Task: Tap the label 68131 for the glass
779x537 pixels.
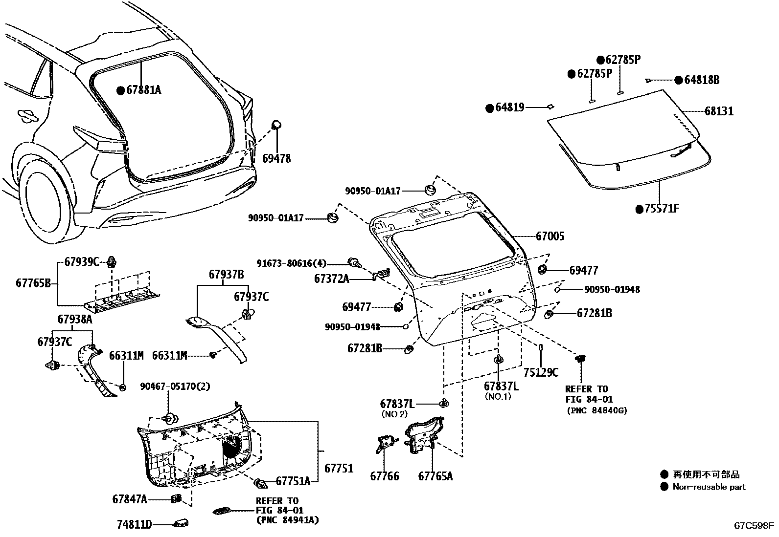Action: click(719, 111)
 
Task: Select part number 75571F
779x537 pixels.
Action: click(662, 209)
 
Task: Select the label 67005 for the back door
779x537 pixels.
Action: click(550, 236)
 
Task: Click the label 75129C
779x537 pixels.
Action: click(540, 372)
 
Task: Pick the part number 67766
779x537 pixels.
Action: click(384, 476)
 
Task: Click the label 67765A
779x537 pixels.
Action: click(435, 476)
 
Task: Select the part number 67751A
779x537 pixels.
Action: click(293, 481)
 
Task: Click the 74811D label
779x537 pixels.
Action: click(134, 525)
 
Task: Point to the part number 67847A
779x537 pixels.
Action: click(129, 499)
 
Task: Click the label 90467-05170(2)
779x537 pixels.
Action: click(175, 386)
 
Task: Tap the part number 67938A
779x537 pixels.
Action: click(75, 319)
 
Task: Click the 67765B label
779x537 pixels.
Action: click(33, 283)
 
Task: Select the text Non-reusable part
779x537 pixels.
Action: click(709, 487)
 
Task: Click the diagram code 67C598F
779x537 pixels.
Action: click(753, 526)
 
